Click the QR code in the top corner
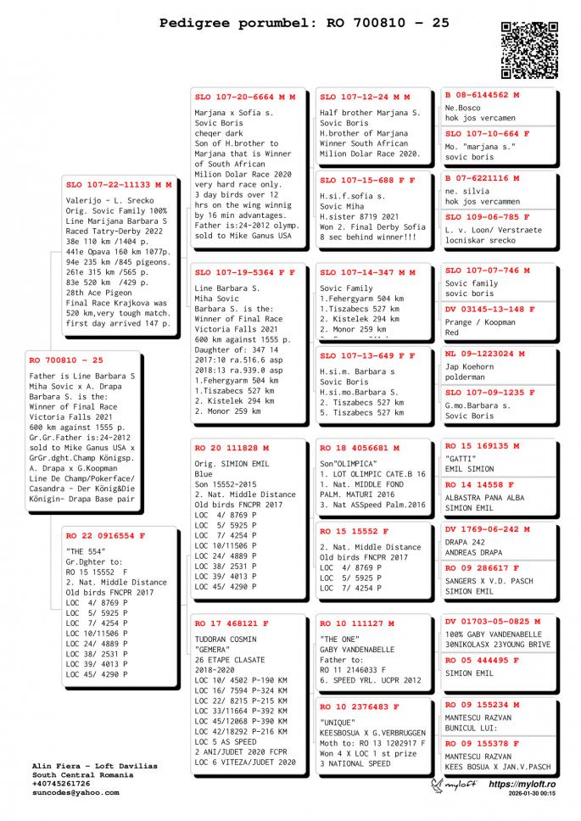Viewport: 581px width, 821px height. [529, 50]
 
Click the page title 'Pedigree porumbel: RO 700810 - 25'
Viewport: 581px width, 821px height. [304, 24]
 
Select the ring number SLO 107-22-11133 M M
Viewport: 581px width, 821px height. [119, 184]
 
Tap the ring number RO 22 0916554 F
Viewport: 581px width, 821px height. [106, 536]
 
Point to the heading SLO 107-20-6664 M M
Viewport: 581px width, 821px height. [245, 98]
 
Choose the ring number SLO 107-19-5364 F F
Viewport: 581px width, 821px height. [245, 273]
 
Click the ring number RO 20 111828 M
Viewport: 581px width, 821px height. [232, 447]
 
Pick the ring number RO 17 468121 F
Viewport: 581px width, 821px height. [232, 623]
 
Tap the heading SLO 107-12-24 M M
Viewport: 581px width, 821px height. [365, 98]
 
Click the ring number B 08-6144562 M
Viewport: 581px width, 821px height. [483, 95]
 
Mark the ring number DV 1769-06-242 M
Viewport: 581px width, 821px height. [488, 529]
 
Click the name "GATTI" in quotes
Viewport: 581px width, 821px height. [459, 457]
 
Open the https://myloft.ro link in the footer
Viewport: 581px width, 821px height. [522, 785]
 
